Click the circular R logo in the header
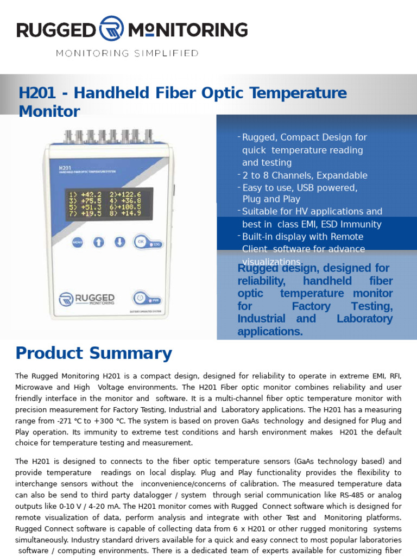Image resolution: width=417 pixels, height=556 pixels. [110, 29]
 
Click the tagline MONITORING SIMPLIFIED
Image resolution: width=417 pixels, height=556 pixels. [128, 53]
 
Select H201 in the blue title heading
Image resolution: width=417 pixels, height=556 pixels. [37, 93]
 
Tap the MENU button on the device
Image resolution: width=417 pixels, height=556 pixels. [78, 242]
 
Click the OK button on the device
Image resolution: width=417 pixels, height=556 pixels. [141, 242]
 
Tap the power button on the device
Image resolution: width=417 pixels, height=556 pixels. [140, 298]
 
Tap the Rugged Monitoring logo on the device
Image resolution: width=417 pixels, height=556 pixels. [87, 299]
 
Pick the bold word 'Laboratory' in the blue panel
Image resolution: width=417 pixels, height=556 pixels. [364, 319]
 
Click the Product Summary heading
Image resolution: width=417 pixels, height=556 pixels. [93, 353]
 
